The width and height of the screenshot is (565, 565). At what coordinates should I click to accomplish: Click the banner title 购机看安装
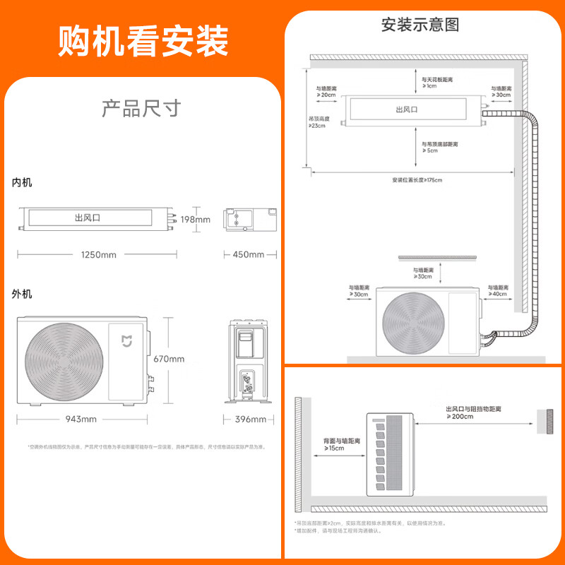click(x=143, y=41)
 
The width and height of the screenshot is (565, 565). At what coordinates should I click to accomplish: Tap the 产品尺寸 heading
click(x=141, y=109)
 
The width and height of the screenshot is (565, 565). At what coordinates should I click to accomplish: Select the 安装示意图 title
click(x=420, y=25)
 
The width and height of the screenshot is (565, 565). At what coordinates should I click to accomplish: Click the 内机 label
click(x=22, y=182)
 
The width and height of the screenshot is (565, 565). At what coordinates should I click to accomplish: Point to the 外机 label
click(x=22, y=294)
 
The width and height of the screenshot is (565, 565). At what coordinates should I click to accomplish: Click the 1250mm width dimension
click(x=97, y=254)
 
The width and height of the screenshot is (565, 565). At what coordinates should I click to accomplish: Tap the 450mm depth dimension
click(x=248, y=254)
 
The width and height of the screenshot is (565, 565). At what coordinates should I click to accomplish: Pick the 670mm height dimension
click(x=169, y=359)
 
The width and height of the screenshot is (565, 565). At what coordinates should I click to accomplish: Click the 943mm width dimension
click(x=81, y=420)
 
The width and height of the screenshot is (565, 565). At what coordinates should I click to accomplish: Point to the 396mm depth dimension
click(x=250, y=420)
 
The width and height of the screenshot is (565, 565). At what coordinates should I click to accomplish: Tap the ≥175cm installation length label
click(x=417, y=179)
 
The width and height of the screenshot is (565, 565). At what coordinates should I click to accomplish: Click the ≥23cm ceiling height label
click(x=317, y=122)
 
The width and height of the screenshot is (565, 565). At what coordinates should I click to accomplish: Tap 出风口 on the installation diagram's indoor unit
click(x=408, y=109)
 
